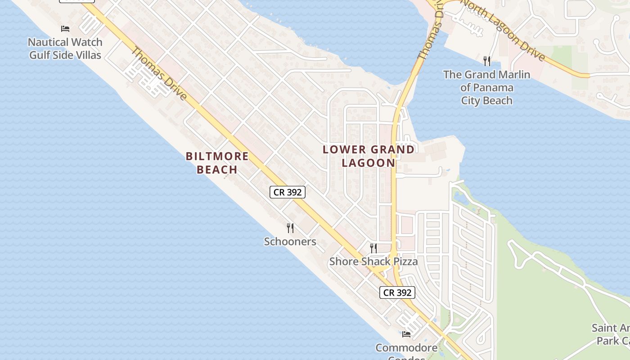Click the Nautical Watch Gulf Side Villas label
click(65, 49)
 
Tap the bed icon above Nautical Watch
click(65, 29)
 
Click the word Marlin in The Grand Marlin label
click(511, 75)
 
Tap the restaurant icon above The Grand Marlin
click(486, 61)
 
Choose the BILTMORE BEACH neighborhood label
click(217, 163)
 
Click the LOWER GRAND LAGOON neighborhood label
click(369, 156)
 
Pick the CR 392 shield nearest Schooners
click(288, 192)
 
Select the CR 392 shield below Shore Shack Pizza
click(397, 292)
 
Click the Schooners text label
click(290, 242)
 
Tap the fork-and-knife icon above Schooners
click(290, 228)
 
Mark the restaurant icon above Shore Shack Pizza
click(373, 248)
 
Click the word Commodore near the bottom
click(406, 348)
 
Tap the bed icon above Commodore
click(406, 334)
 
